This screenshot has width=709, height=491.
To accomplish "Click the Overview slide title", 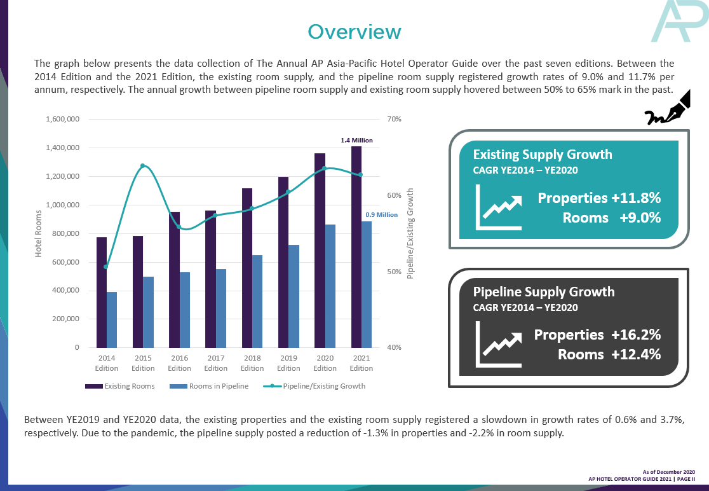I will pyautogui.click(x=354, y=32).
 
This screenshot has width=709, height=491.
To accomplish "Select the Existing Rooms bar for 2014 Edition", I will pyautogui.click(x=102, y=292).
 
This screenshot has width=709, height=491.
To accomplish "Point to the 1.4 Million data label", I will pyautogui.click(x=357, y=140).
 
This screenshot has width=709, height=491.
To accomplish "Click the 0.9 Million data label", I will pyautogui.click(x=381, y=215).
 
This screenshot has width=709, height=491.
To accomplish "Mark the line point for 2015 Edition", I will pyautogui.click(x=143, y=166).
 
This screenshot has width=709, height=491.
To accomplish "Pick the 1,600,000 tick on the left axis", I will pyautogui.click(x=62, y=120).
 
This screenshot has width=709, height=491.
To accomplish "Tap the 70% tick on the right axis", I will pyautogui.click(x=395, y=120).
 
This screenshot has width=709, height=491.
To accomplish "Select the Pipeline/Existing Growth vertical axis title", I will pyautogui.click(x=410, y=233).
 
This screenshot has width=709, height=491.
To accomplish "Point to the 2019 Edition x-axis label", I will pyautogui.click(x=288, y=364).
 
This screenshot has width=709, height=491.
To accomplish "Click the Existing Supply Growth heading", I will pyautogui.click(x=543, y=155).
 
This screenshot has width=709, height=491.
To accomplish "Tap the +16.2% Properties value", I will pyautogui.click(x=636, y=335).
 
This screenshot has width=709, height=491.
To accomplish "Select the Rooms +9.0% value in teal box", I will pyautogui.click(x=612, y=218).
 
